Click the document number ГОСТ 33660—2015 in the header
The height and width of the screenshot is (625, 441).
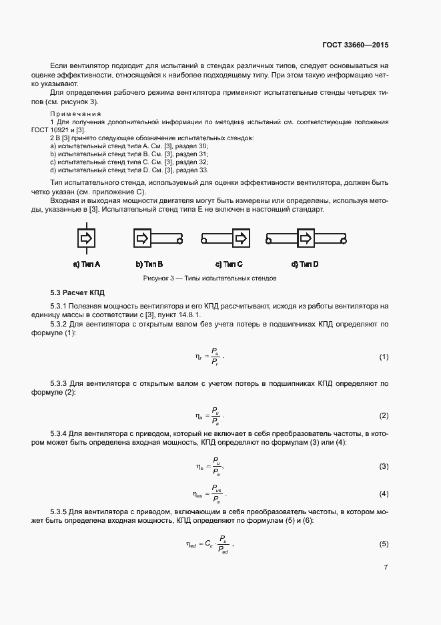351,45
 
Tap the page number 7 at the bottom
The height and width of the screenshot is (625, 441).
386,568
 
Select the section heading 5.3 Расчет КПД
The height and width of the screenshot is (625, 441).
77,292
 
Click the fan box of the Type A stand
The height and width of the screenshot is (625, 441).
87,238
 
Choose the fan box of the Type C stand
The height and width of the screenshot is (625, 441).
241,238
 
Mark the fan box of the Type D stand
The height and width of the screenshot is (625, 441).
306,238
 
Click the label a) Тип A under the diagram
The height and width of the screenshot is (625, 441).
87,264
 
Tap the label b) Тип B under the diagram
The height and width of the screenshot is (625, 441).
149,264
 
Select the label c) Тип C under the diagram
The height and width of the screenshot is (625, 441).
229,264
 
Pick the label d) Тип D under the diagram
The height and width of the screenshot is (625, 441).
306,264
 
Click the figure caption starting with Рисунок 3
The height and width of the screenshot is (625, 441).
209,278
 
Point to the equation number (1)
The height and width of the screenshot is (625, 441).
384,357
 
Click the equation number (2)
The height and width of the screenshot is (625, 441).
384,416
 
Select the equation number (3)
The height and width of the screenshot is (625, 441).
384,466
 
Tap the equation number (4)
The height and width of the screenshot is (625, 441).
384,493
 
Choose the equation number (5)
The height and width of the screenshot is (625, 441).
384,544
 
